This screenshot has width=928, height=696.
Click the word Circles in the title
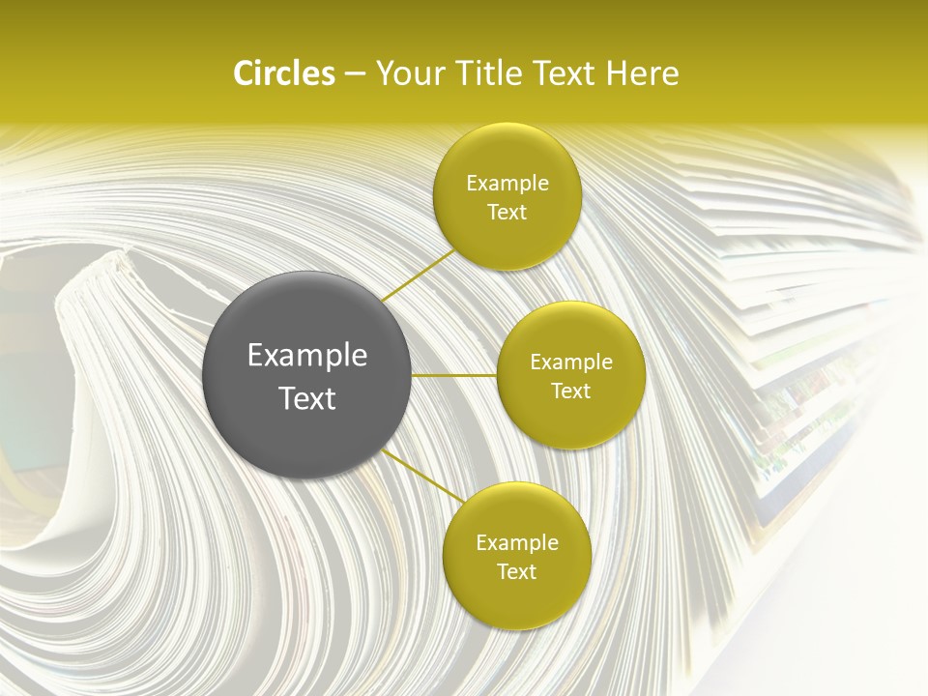pos(283,73)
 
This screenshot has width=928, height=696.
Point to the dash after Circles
pos(355,74)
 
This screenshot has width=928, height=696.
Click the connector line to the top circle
pos(418,275)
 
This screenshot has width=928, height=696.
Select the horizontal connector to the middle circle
pos(454,375)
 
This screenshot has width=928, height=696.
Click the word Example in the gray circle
pos(307,356)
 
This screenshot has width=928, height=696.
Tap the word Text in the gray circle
pos(307,398)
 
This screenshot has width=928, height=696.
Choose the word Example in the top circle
pos(507,184)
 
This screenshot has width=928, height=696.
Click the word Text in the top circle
pos(507,213)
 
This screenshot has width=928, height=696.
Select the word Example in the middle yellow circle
pos(571,362)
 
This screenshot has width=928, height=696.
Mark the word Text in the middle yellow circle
pos(571,391)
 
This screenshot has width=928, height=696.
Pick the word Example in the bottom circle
pos(517,543)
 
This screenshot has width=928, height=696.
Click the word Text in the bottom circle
pos(517,571)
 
